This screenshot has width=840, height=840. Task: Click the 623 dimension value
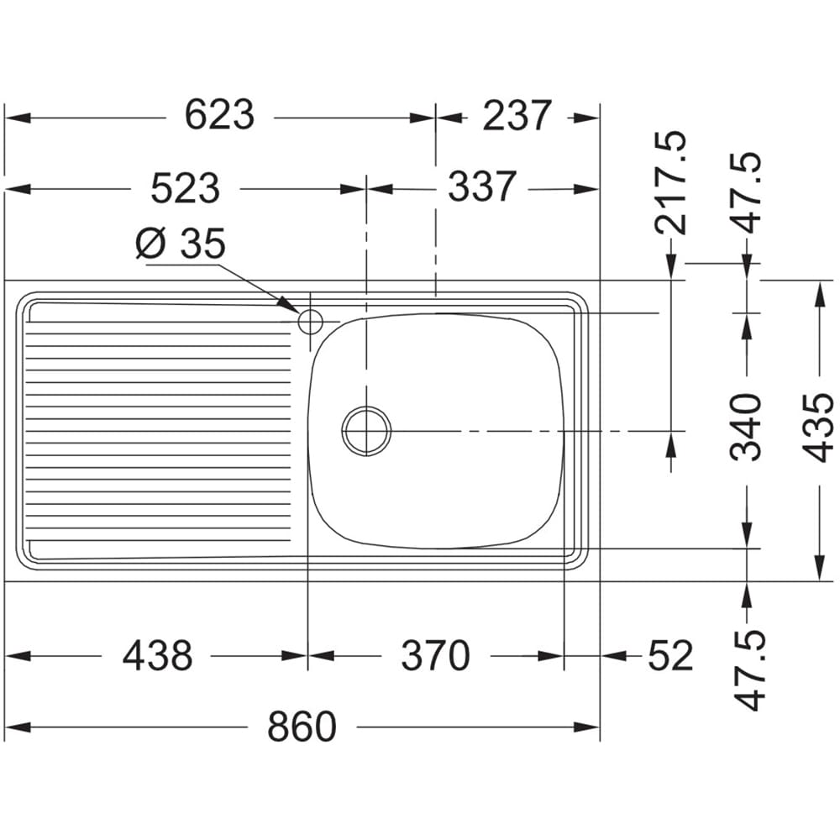[219, 115]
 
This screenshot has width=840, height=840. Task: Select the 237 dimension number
[517, 116]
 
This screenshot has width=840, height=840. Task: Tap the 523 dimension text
[186, 188]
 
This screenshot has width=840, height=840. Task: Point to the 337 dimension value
[482, 186]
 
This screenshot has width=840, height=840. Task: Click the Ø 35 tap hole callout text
[181, 244]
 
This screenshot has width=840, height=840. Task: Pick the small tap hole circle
[310, 322]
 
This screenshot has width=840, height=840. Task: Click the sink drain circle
[366, 431]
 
